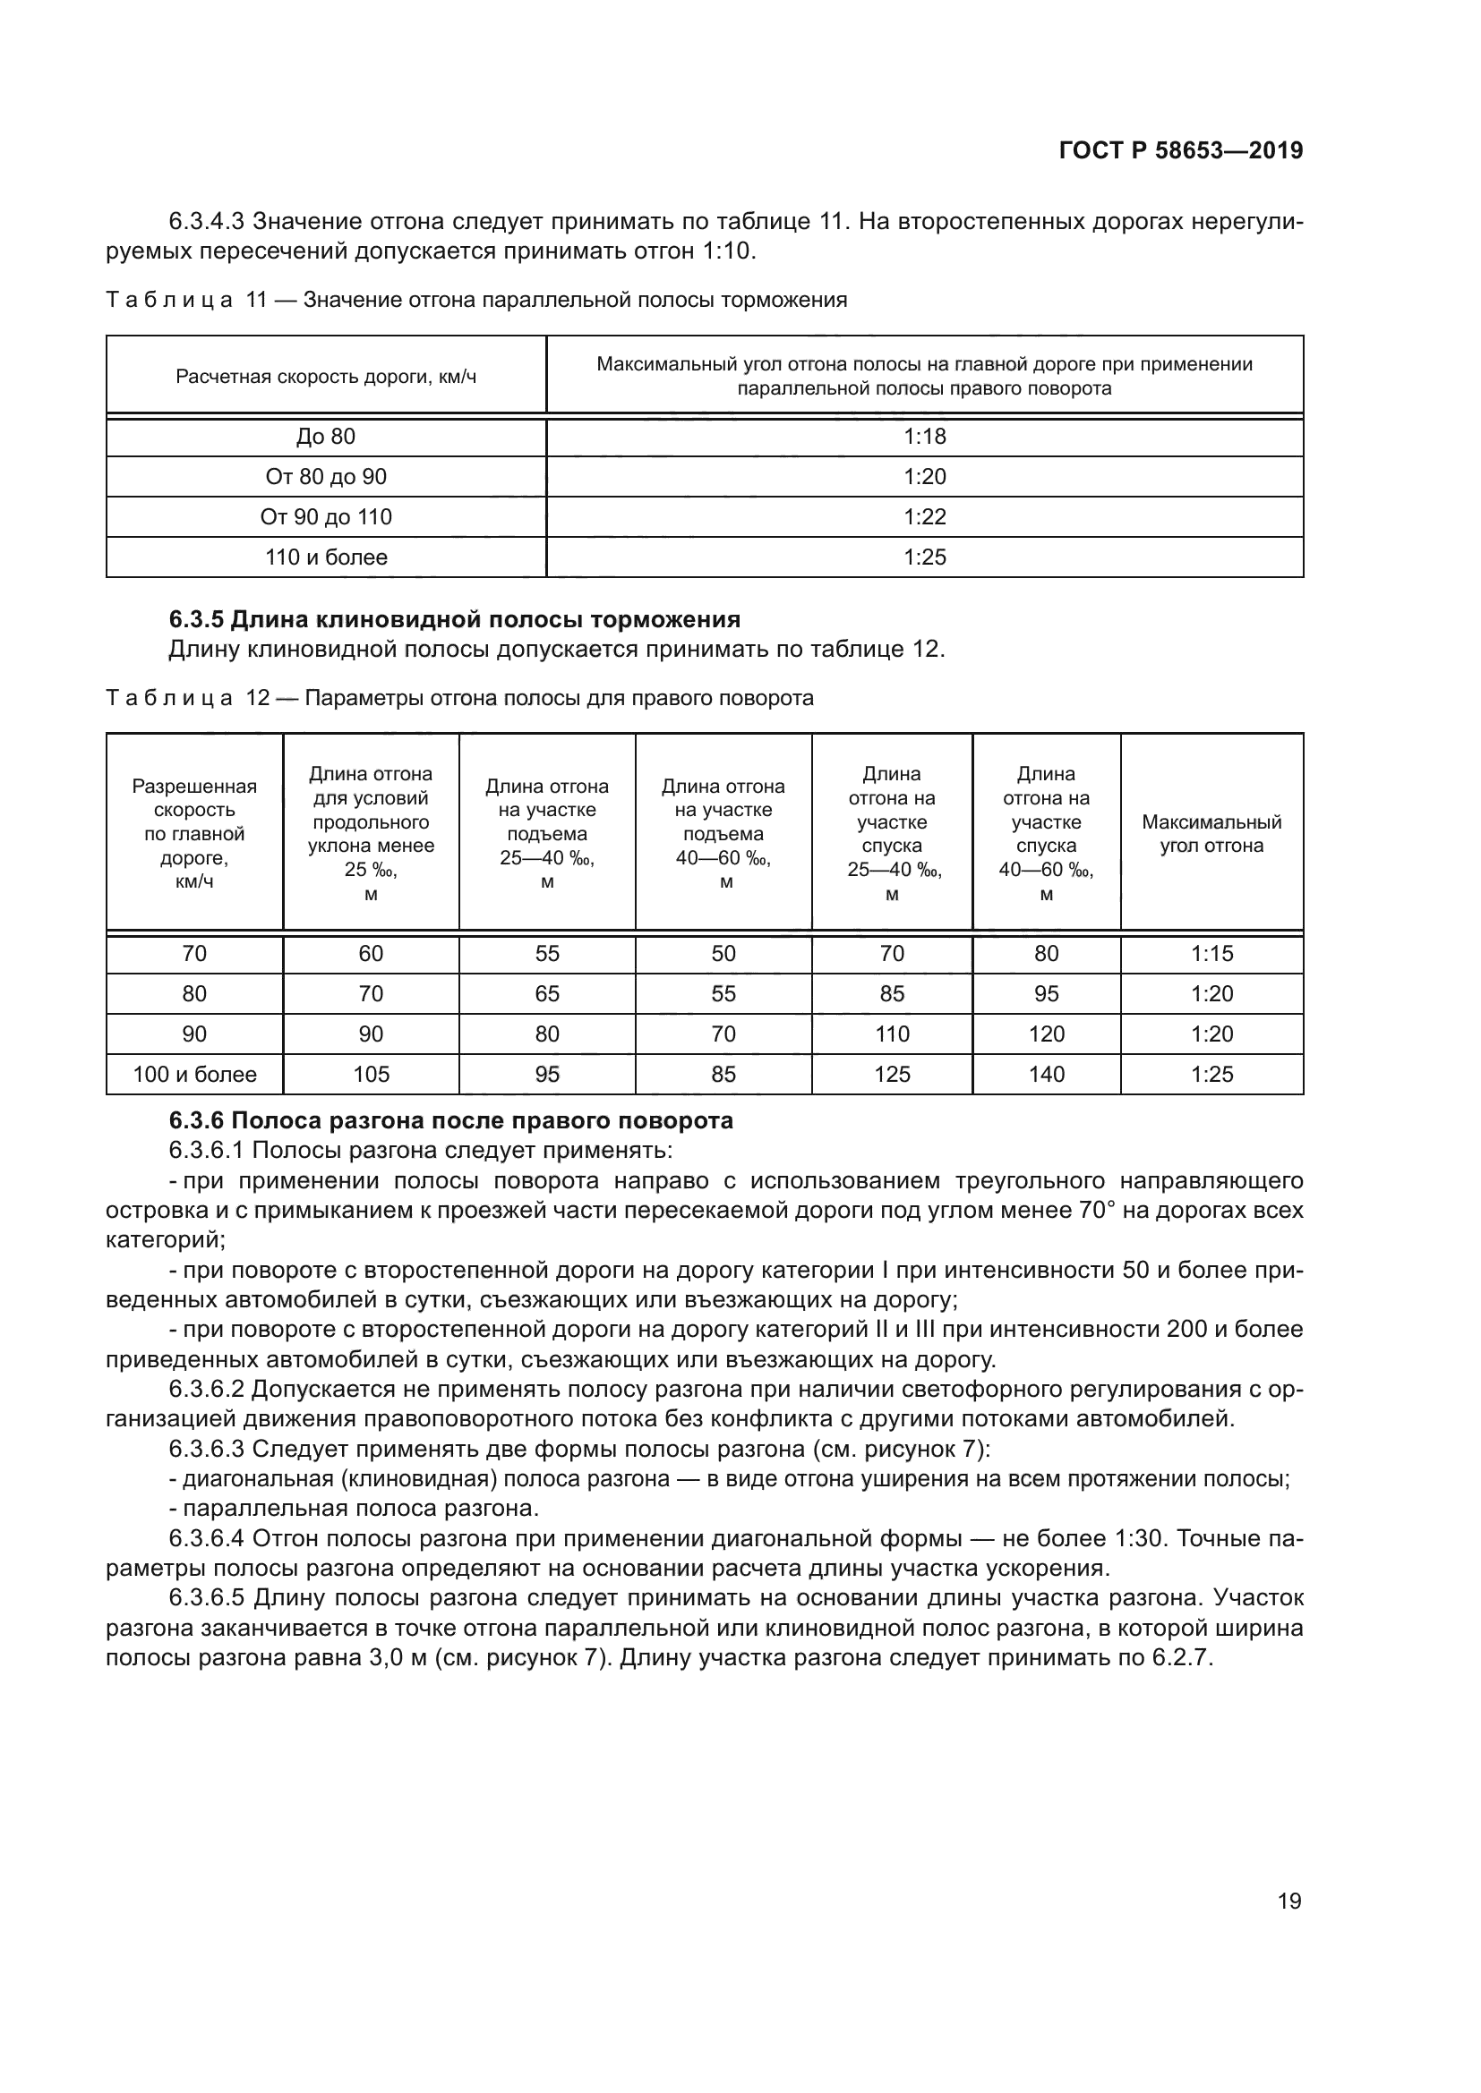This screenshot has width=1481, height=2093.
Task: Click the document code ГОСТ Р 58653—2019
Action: click(x=1181, y=150)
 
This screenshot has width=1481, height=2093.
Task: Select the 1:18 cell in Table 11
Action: click(x=925, y=437)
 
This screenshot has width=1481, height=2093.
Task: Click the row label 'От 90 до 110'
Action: click(x=326, y=517)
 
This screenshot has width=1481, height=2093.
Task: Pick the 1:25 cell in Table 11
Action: click(x=925, y=557)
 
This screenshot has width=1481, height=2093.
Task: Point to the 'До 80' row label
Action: click(x=326, y=437)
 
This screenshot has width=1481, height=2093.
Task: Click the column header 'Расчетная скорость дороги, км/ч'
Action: click(x=326, y=377)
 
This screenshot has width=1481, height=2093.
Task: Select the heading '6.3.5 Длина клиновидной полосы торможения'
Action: click(x=454, y=620)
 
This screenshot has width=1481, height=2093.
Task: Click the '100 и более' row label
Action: click(x=194, y=1074)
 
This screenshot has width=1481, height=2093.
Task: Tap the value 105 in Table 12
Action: click(x=371, y=1074)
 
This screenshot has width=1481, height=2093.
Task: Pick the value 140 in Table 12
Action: click(x=1046, y=1074)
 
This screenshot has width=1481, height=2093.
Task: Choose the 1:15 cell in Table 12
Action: click(x=1211, y=954)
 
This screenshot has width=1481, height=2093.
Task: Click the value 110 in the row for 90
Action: click(x=891, y=1034)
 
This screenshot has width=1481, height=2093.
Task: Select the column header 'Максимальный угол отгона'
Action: click(x=1211, y=833)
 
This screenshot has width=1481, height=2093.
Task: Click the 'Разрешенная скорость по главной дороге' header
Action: click(x=194, y=833)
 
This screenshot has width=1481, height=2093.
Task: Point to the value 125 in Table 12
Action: click(x=891, y=1074)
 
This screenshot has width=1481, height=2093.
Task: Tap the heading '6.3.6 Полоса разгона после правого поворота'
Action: click(x=450, y=1120)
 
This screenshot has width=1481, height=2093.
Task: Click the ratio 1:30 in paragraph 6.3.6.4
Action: click(x=1138, y=1539)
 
